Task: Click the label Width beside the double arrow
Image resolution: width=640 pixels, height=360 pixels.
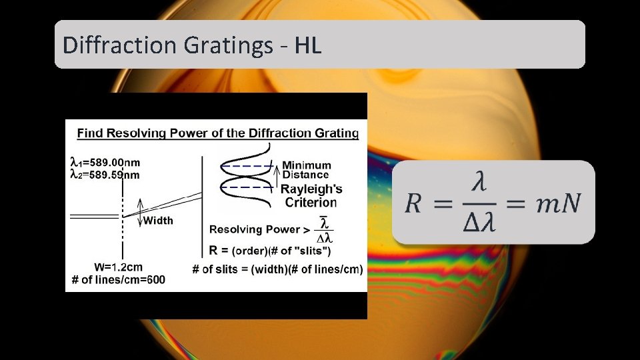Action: [x=158, y=220]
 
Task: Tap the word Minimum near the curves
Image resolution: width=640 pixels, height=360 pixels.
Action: [x=306, y=165]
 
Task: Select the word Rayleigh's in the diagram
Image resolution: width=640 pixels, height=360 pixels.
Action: [x=311, y=189]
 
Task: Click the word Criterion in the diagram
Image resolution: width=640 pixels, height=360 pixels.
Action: [x=311, y=202]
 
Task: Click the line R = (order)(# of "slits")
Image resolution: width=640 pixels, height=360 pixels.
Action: [x=269, y=251]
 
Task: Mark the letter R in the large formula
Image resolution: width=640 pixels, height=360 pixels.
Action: [x=413, y=203]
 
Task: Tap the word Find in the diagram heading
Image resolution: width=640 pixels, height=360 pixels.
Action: [x=89, y=133]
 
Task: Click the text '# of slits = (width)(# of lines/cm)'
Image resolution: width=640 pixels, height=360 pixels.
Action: [x=277, y=269]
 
